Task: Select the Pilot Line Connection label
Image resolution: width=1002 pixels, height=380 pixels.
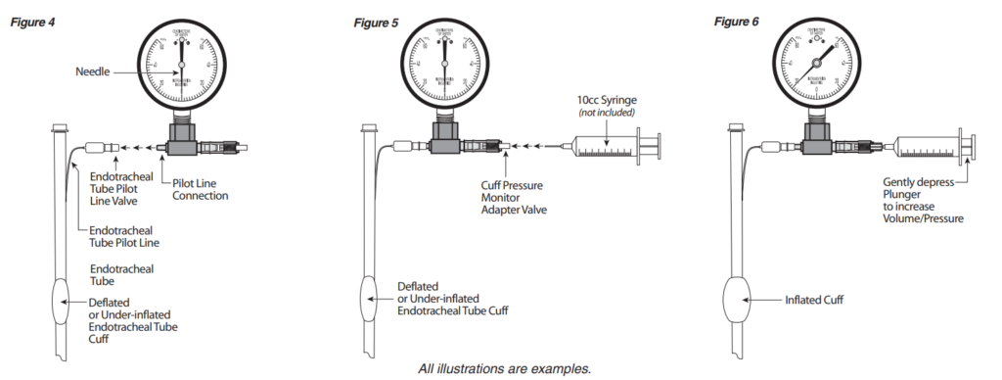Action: pos(200,189)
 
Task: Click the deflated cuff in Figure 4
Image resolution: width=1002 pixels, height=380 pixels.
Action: pos(60,303)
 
